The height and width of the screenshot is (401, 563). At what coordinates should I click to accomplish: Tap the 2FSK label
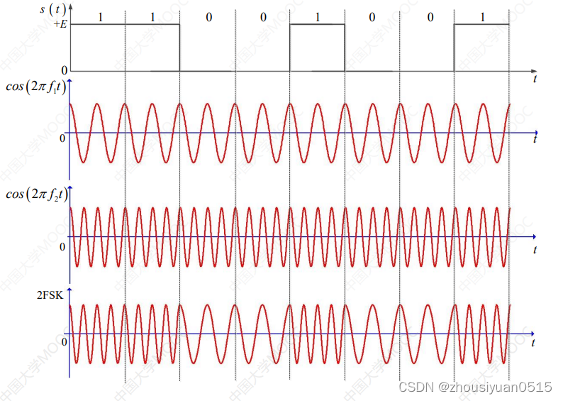tap(50, 297)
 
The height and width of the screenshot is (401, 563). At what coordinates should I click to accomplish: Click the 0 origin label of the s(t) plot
tap(64, 71)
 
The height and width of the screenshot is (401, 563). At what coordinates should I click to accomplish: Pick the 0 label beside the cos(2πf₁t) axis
tap(62, 138)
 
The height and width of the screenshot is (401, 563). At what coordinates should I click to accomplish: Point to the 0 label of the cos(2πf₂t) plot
tap(62, 246)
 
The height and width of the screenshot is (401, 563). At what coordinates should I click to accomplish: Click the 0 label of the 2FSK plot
tap(62, 343)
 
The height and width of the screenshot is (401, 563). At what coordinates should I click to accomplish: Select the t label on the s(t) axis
tap(535, 80)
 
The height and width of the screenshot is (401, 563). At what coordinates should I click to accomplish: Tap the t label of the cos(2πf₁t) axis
tap(535, 141)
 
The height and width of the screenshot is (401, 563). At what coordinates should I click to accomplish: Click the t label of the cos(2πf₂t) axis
tap(535, 249)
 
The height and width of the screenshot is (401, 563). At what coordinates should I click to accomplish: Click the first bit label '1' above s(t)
tap(100, 16)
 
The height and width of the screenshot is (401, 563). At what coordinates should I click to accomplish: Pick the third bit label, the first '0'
tap(208, 16)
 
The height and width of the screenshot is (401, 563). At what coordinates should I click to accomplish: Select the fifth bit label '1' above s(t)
tap(316, 16)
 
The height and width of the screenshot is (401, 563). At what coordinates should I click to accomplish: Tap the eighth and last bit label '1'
tap(483, 16)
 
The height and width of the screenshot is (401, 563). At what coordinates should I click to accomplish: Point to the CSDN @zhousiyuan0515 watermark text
tap(475, 388)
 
